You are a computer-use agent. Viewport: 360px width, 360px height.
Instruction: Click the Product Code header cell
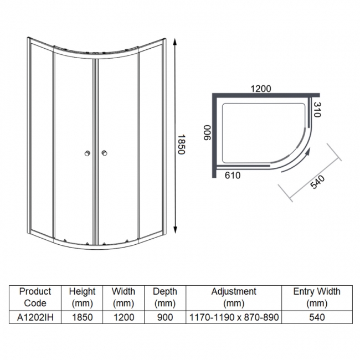(35, 297)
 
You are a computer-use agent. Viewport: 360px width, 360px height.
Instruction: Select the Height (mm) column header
(82, 297)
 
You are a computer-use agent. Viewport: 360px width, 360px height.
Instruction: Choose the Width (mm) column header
(124, 297)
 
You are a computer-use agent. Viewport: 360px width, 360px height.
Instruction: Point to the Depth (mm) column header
(164, 297)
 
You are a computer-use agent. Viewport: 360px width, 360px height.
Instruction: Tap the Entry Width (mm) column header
(317, 297)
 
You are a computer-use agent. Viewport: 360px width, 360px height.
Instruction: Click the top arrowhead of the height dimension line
(175, 42)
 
